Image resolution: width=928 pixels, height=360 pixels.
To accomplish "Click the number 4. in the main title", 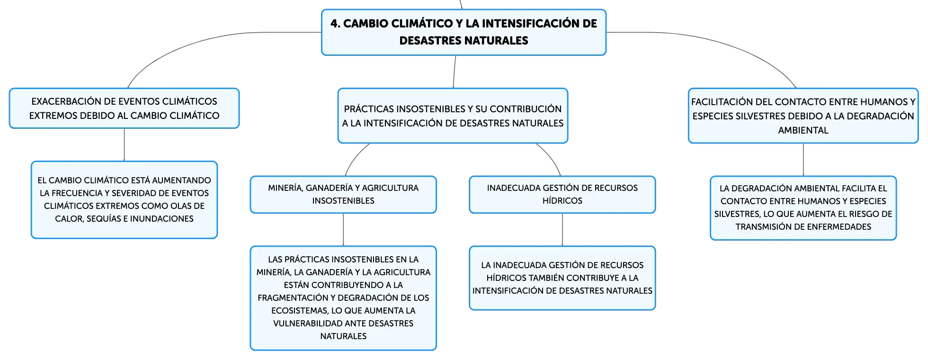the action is [x=335, y=24].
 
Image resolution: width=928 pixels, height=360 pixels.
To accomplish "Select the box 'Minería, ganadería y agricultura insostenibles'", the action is [x=343, y=195].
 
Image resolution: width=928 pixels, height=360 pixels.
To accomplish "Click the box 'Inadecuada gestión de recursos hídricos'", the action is [x=562, y=195].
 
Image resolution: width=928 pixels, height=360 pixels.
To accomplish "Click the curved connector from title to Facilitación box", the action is [x=729, y=43].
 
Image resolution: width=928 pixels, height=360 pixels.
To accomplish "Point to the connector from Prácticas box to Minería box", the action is [x=355, y=157].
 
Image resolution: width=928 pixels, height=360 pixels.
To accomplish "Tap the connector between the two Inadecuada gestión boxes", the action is [x=562, y=230].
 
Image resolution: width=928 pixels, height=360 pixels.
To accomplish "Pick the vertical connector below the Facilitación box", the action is [x=803, y=160].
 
